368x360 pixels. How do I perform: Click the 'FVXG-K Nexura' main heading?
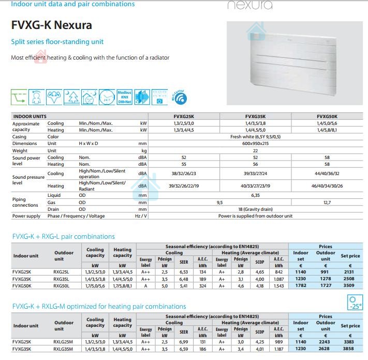pyautogui.click(x=51, y=25)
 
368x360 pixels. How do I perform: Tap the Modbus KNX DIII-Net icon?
pyautogui.click(x=124, y=97)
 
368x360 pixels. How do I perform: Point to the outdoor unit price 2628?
pyautogui.click(x=326, y=349)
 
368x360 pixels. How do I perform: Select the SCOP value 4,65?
pyautogui.click(x=260, y=272)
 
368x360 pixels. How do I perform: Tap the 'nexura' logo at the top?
pyautogui.click(x=250, y=6)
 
